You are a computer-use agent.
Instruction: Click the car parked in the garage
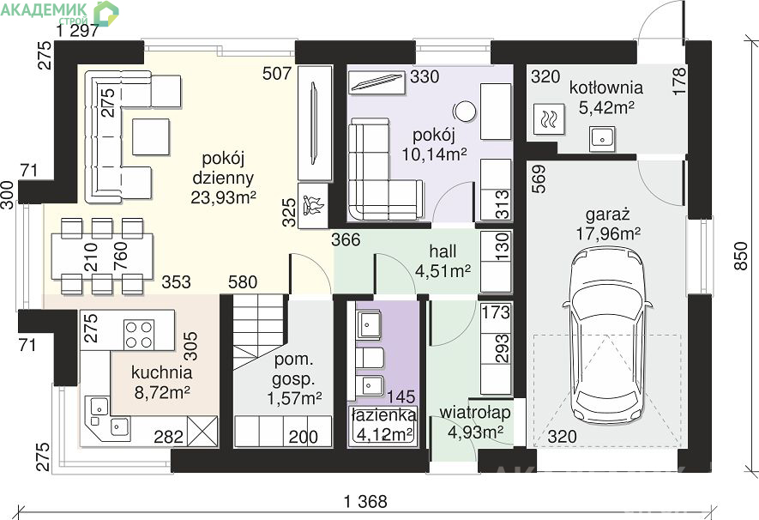[607, 335]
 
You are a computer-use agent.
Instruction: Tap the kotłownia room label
[606, 88]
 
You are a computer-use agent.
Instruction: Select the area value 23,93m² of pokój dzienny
[223, 197]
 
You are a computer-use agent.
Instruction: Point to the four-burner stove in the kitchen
[140, 334]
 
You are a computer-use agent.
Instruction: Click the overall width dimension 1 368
[365, 501]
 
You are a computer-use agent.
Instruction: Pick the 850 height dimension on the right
[741, 256]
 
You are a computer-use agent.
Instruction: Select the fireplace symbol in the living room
[313, 205]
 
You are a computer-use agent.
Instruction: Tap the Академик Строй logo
[59, 13]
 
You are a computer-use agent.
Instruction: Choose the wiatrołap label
[475, 413]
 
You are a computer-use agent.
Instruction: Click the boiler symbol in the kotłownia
[548, 118]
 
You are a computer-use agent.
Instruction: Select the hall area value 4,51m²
[443, 270]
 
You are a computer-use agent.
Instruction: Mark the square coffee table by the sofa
[151, 136]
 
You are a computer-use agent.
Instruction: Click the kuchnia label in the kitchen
[162, 372]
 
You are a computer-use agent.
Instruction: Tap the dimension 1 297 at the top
[78, 31]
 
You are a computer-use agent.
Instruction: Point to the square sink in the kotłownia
[602, 139]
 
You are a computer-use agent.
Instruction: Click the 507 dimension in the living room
[277, 74]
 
